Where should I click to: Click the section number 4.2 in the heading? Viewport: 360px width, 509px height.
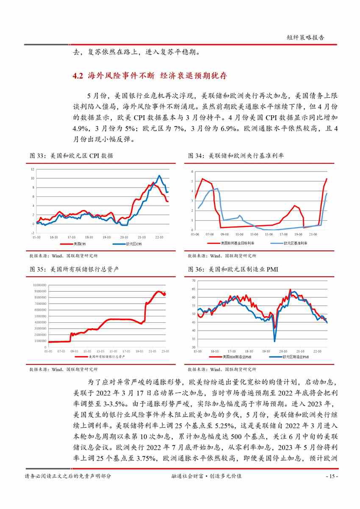click(x=78, y=76)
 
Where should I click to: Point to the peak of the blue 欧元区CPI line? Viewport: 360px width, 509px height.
click(x=159, y=175)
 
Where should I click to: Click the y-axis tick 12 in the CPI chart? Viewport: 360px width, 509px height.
click(x=32, y=169)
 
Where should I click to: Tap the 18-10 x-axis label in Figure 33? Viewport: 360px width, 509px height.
click(x=89, y=238)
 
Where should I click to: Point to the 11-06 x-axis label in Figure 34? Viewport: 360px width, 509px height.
click(x=239, y=234)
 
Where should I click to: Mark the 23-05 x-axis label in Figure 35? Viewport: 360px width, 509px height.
click(x=166, y=351)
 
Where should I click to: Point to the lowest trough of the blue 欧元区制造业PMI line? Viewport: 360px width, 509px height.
click(x=274, y=341)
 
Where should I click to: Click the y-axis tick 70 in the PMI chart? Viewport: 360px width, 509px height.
click(x=194, y=281)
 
